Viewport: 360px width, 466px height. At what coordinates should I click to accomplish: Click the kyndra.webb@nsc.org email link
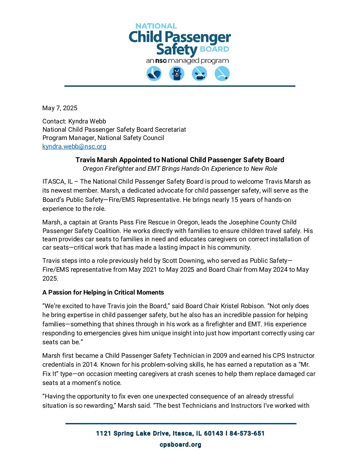tap(74, 146)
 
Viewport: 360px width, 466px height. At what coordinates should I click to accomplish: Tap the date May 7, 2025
tap(60, 108)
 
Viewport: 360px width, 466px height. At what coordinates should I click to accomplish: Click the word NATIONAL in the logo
tap(156, 26)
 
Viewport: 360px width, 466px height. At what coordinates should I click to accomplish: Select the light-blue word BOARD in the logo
tap(214, 49)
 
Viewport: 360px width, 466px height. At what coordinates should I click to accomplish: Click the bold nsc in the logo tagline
tap(161, 61)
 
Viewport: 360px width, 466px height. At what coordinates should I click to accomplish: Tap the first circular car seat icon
tap(154, 73)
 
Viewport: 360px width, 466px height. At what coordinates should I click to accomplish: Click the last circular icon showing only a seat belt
tap(222, 73)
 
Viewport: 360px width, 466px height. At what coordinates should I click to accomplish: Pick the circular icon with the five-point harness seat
tap(177, 73)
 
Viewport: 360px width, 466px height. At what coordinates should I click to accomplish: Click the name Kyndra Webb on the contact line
tap(87, 121)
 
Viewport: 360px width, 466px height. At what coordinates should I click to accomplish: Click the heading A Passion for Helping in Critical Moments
tap(103, 292)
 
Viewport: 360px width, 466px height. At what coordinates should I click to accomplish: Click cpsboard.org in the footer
tap(180, 444)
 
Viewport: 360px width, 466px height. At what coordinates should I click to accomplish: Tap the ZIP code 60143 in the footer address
tap(214, 434)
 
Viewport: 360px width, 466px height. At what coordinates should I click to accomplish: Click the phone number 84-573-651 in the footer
tap(247, 434)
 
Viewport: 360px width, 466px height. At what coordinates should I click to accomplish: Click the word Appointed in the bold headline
tap(135, 160)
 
